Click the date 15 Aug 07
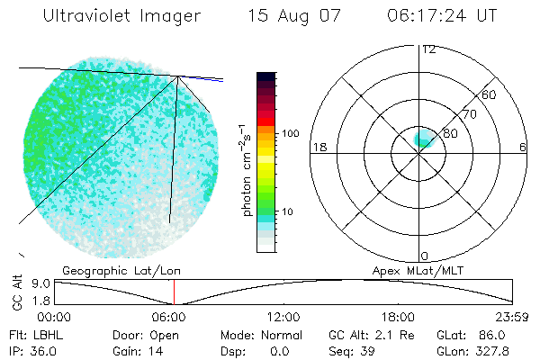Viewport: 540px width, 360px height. point(291,17)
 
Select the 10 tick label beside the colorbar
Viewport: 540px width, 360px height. point(289,211)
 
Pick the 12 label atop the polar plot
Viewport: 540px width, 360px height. point(428,49)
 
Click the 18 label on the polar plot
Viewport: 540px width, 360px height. point(318,147)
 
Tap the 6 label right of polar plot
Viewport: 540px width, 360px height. point(522,147)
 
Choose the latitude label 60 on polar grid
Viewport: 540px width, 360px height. point(490,94)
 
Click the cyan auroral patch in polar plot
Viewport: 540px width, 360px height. point(423,139)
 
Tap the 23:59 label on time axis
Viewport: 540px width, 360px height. point(513,317)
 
